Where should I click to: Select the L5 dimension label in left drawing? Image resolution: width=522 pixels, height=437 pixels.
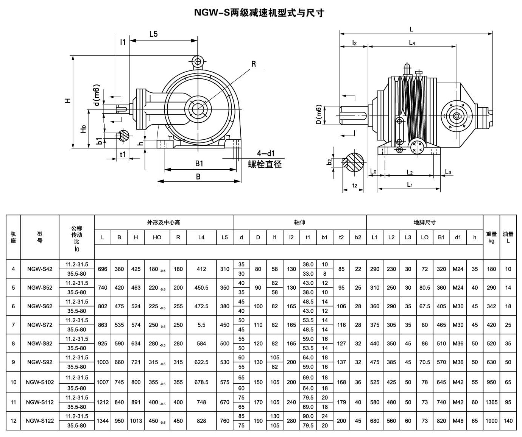coord(153,34)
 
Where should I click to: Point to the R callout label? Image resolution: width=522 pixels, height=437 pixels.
coord(253,64)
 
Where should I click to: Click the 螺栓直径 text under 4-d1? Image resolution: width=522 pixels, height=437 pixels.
coord(265,164)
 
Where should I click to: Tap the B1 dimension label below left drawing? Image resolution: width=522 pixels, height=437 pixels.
coord(199,164)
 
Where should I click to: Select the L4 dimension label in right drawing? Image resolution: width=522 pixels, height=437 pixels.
coord(412,43)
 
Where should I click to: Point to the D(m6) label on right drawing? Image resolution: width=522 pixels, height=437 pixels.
coord(319,115)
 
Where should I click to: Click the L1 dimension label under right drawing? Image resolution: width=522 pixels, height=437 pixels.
coord(410,184)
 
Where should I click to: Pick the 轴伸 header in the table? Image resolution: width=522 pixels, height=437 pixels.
coord(299,222)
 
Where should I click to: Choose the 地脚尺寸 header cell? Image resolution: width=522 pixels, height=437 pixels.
coord(424,222)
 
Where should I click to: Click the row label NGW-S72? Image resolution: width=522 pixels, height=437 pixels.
coord(40,325)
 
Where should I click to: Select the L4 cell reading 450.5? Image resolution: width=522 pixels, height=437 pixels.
coord(201,288)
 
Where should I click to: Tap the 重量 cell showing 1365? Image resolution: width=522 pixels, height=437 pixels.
coord(491,402)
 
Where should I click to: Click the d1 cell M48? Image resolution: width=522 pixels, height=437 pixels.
coord(458,421)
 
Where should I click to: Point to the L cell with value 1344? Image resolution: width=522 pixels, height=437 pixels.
coord(103,421)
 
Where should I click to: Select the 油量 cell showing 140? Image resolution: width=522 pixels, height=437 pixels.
coord(508,421)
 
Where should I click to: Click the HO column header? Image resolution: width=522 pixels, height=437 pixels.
coord(157,237)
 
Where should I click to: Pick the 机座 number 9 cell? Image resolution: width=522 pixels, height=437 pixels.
coord(13,362)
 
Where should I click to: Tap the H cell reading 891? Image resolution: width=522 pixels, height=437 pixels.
coord(136,402)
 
